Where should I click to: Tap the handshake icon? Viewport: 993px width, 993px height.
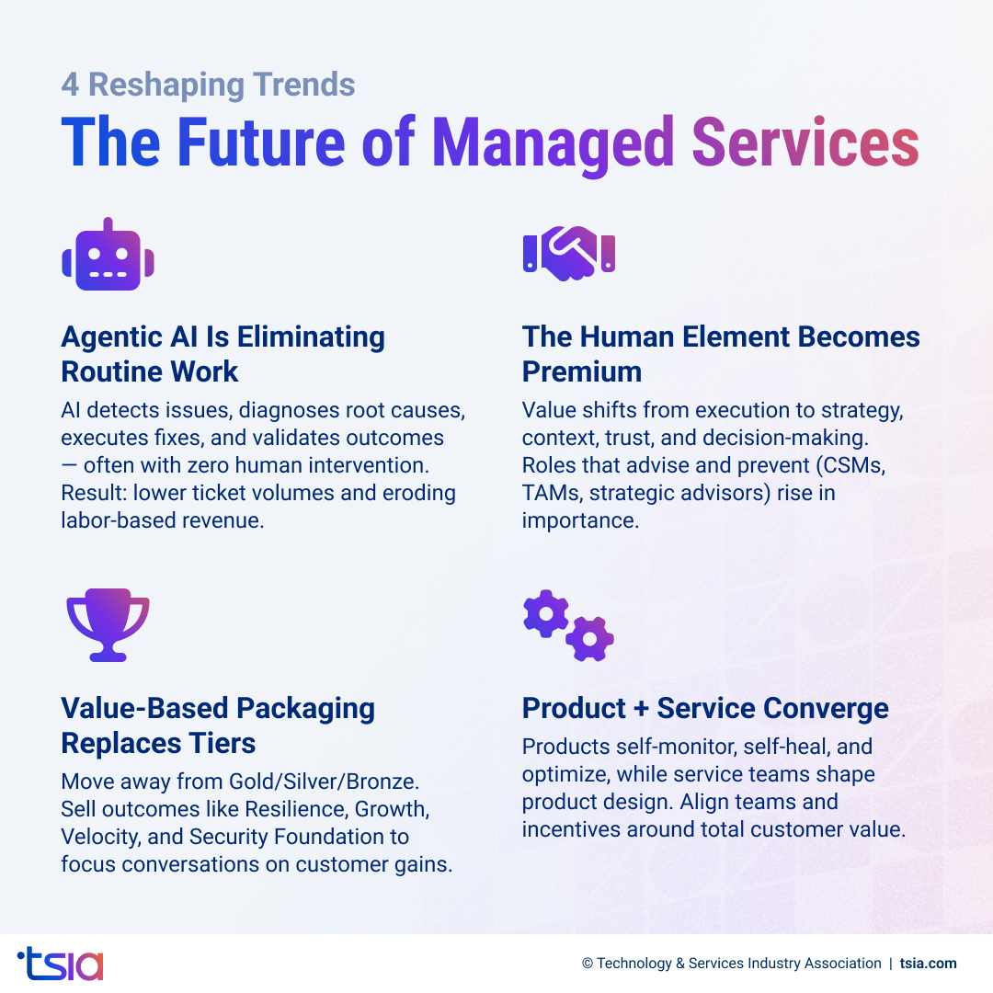569,253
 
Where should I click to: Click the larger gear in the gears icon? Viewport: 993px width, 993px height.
546,614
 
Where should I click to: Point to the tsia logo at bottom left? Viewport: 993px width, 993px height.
61,963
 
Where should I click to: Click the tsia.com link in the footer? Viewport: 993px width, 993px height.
928,964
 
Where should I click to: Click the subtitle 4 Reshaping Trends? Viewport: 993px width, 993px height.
208,85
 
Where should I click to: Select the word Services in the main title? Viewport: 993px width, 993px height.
805,143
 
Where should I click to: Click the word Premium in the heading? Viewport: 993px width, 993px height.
582,371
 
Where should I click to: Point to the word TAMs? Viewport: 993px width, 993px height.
551,493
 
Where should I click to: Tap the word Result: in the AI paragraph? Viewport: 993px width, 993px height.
94,493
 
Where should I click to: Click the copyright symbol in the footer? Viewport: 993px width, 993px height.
588,964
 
